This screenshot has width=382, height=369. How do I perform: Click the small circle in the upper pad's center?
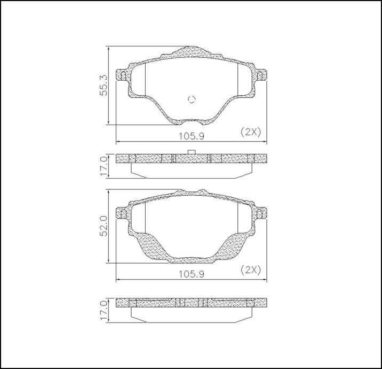click(x=192, y=99)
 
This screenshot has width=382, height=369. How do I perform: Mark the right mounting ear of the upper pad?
click(x=261, y=75)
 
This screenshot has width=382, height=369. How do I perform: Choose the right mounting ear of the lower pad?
click(x=261, y=214)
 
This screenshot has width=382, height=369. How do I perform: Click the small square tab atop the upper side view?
click(x=192, y=151)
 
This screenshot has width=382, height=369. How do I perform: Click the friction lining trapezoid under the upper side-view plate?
click(x=191, y=170)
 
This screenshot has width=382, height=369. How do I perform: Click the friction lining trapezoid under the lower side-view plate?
click(x=191, y=314)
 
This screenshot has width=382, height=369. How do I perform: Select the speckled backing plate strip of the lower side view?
click(x=191, y=303)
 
